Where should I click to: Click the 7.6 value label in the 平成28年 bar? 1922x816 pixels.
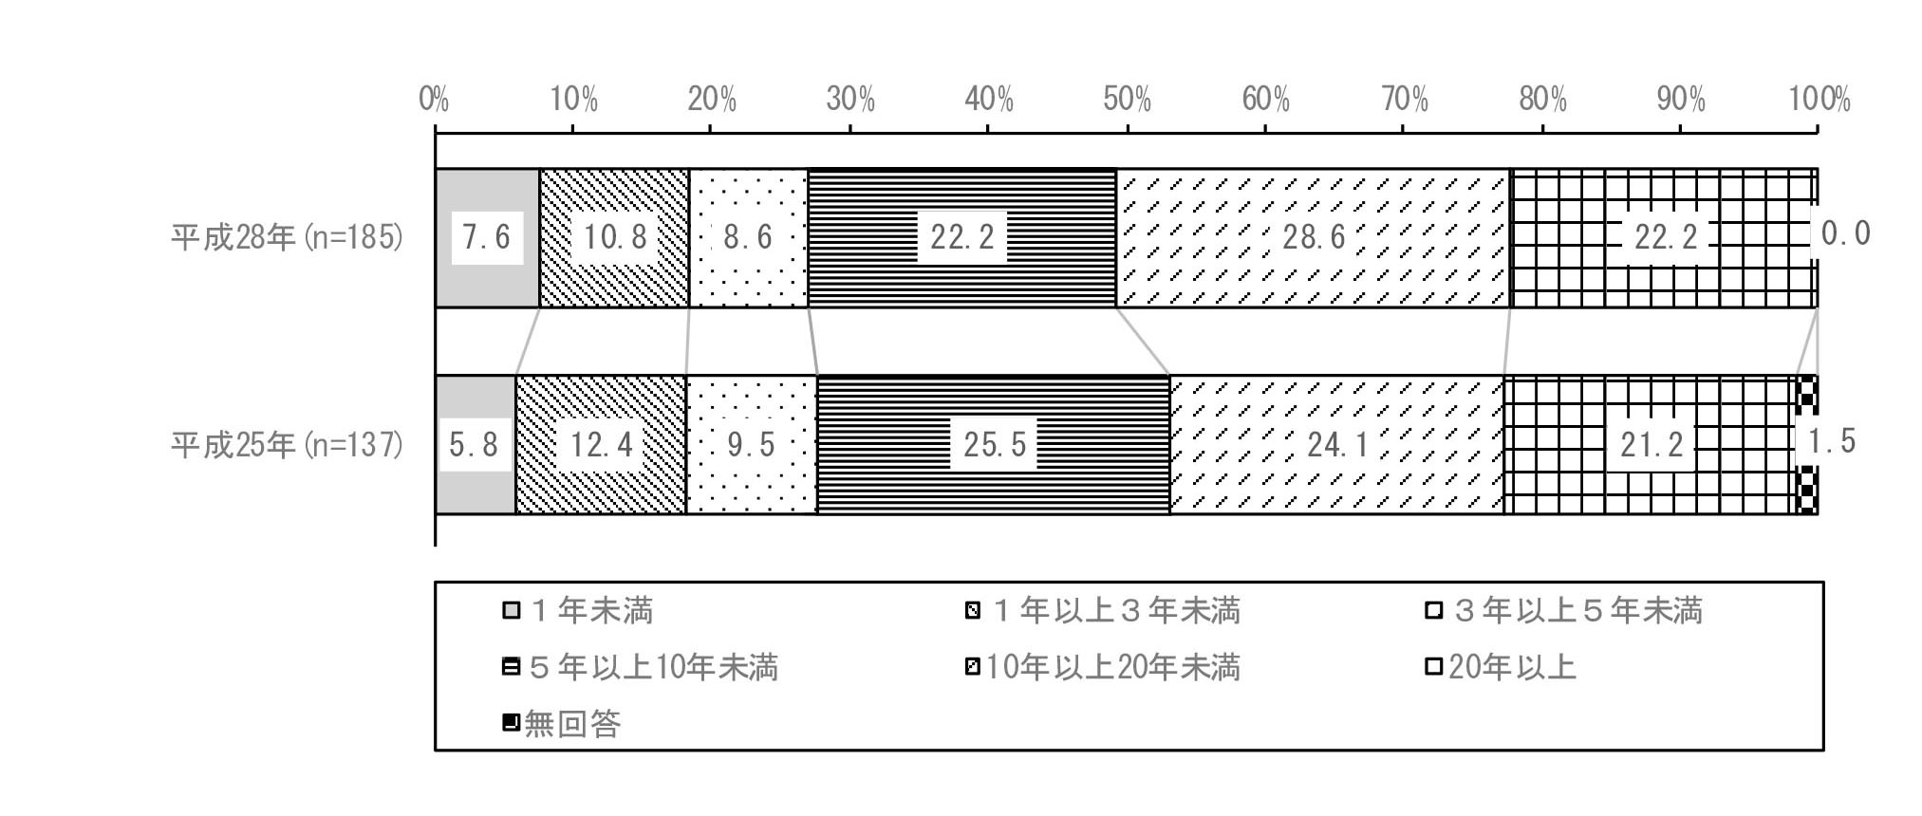[x=486, y=236]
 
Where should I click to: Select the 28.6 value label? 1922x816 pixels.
[x=1315, y=236]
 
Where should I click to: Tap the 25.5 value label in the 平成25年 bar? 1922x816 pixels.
[x=995, y=444]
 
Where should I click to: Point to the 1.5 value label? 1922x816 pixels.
[x=1832, y=441]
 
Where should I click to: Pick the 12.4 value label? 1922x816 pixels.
[x=602, y=444]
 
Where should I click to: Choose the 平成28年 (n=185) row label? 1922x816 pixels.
[x=288, y=237]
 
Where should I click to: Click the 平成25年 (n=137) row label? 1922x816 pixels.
[x=288, y=444]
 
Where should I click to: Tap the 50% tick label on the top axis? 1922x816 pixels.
[x=1127, y=99]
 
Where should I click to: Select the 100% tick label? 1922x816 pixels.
[x=1819, y=99]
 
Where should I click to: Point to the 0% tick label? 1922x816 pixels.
[x=434, y=99]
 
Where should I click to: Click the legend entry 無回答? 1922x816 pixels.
[x=562, y=724]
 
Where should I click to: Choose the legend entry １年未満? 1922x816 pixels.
[x=578, y=610]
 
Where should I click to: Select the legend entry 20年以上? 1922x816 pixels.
[x=1502, y=667]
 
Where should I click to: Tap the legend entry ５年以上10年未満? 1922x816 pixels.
[x=641, y=667]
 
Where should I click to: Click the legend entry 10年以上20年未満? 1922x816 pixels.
[x=1102, y=667]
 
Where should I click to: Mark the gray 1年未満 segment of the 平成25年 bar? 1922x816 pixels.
[x=476, y=444]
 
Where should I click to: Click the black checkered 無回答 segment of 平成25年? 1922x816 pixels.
[x=1807, y=444]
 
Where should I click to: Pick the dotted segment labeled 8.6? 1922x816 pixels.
[x=748, y=237]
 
